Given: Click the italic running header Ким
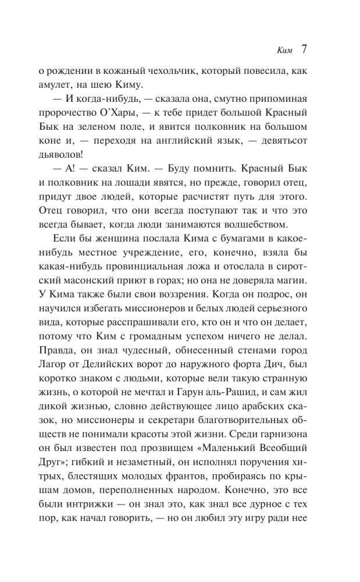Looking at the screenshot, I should [x=286, y=49].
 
